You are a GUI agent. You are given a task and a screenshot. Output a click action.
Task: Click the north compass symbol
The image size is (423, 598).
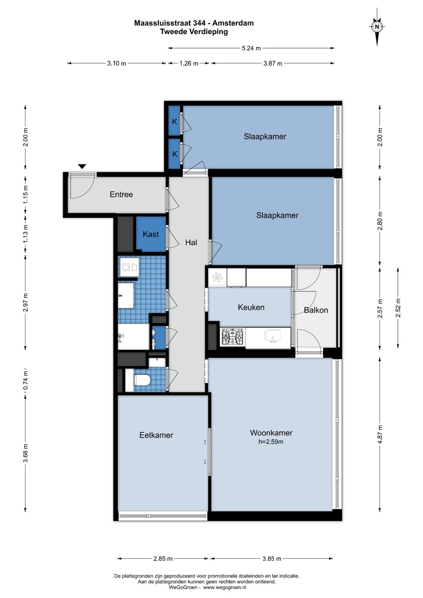[377, 27]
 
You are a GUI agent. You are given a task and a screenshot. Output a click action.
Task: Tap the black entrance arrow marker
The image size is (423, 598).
[82, 167]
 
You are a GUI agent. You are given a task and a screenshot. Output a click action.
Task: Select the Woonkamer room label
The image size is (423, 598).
[271, 433]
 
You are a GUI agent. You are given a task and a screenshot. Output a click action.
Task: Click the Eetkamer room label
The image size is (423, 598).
[156, 435]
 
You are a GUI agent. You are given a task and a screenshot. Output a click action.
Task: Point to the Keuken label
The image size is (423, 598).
[251, 307]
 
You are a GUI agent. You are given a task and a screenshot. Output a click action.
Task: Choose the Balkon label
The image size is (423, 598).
[316, 310]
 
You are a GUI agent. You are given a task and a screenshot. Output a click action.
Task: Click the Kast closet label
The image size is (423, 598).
[150, 234]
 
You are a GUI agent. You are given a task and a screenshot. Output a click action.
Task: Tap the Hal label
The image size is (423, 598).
[191, 243]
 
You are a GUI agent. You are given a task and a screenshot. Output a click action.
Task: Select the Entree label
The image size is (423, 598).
[121, 194]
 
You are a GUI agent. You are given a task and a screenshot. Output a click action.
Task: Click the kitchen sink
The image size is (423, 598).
[273, 336]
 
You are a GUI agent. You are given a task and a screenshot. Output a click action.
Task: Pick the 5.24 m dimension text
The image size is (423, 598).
[251, 48]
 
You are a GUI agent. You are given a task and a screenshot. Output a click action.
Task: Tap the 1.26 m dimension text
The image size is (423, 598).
[189, 63]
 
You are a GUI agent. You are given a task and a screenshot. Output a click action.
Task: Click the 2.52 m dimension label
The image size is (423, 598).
[398, 308]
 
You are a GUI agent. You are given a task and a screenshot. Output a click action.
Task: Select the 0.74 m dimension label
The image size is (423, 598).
[25, 381]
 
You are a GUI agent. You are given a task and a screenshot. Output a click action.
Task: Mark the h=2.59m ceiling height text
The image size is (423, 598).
[271, 442]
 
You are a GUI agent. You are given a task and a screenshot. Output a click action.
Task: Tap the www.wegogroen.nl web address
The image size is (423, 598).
[225, 587]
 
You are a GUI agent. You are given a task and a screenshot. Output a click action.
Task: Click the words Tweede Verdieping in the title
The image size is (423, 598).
[194, 31]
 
